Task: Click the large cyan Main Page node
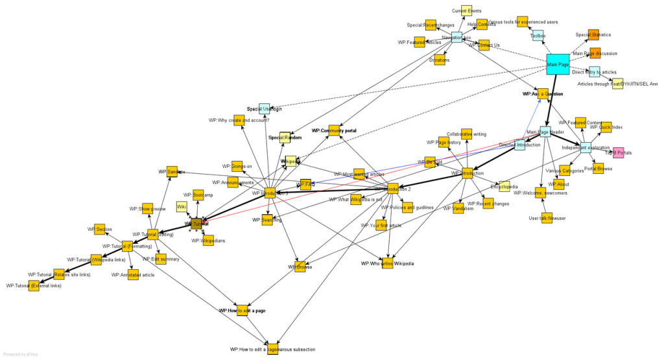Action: point(558,64)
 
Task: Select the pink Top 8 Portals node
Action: point(618,153)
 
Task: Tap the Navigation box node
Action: point(456,38)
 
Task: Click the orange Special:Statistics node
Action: point(593,35)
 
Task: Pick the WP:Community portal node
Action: point(334,130)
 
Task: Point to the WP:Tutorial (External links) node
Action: point(34,285)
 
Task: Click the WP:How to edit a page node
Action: point(242,311)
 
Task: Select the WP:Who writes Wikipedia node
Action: point(388,263)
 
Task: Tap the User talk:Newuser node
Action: point(547,218)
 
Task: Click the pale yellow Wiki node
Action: point(182,207)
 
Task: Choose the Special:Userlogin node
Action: point(264,109)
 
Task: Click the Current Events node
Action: point(466,10)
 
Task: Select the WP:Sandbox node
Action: point(172,172)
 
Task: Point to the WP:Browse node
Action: point(299,267)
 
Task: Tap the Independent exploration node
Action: point(586,147)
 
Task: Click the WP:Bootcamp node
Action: point(197,195)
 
